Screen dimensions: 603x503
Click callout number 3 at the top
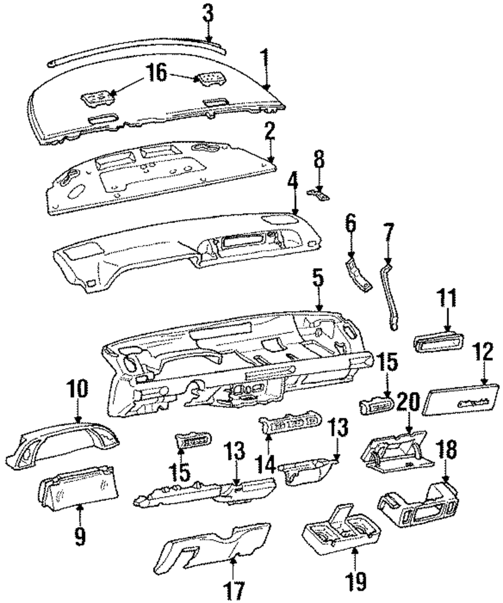pos(208,14)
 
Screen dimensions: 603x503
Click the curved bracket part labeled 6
pos(360,274)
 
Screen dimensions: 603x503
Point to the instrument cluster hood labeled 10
pos(65,442)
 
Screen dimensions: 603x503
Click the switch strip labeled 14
pos(290,425)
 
